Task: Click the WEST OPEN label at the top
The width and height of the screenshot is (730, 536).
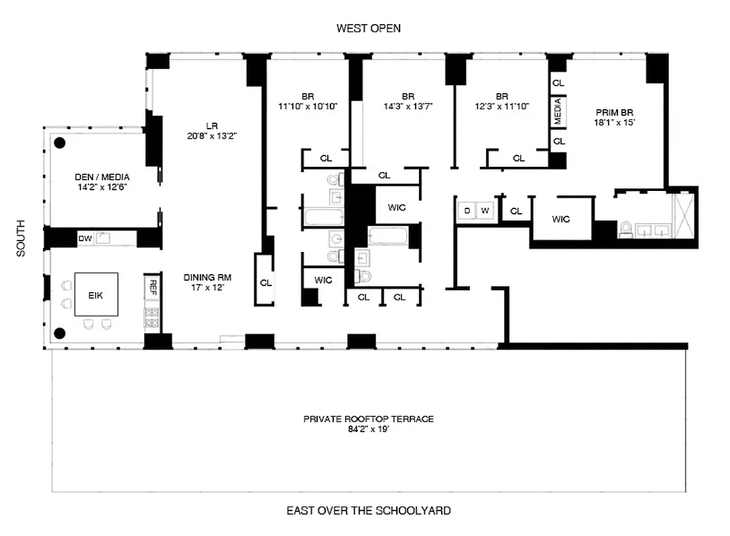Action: (x=368, y=28)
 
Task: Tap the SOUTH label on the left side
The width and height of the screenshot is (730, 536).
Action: (x=21, y=238)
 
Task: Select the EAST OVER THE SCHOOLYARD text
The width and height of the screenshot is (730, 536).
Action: (x=368, y=511)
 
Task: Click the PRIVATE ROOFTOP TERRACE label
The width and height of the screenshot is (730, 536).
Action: (x=368, y=419)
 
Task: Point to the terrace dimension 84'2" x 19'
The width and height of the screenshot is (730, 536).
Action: (x=368, y=429)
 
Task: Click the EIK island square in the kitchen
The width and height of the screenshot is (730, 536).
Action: (x=97, y=294)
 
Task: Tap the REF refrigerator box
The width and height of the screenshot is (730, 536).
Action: (x=153, y=287)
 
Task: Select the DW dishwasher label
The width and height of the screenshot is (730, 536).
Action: (x=85, y=238)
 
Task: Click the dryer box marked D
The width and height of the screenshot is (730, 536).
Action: (x=467, y=210)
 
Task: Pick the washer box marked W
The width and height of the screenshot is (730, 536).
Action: (x=485, y=210)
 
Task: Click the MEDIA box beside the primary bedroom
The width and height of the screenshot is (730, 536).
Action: (x=558, y=111)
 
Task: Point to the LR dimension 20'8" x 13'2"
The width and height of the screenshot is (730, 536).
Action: (x=212, y=135)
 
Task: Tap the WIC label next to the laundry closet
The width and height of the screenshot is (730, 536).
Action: (x=560, y=218)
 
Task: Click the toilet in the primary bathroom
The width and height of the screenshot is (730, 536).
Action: (x=625, y=229)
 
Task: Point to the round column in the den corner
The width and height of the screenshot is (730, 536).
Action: (x=60, y=142)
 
